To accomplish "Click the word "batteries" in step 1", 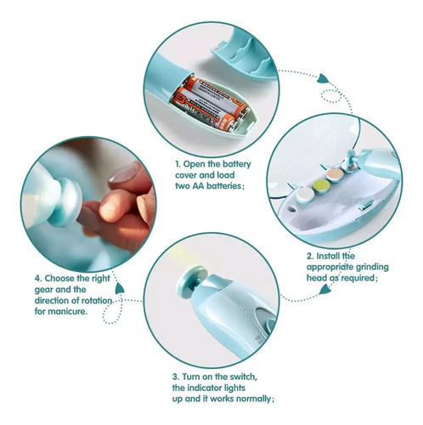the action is coord(223,186).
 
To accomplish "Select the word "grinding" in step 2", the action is coord(372,267).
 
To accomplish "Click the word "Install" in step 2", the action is coord(328,256).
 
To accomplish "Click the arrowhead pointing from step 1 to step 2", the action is coord(323,78).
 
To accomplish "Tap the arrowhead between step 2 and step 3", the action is coord(324,290).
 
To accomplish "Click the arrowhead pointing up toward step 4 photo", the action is coord(120,288).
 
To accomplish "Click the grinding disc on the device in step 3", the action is coord(193,276).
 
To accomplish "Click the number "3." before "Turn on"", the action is coord(176,377).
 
